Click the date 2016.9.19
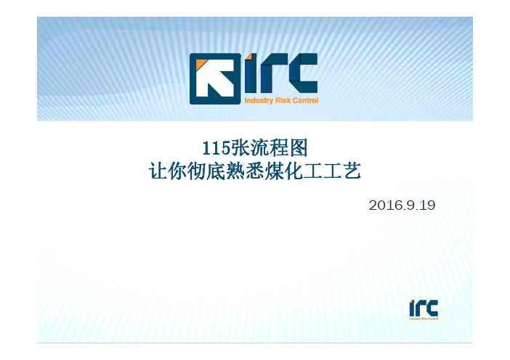402,205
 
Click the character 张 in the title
240,148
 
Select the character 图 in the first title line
299,148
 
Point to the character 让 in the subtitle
158,171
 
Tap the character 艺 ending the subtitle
352,171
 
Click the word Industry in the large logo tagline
259,100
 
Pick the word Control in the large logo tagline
305,100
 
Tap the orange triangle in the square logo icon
201,65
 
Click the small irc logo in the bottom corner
424,310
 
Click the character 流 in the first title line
259,148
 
